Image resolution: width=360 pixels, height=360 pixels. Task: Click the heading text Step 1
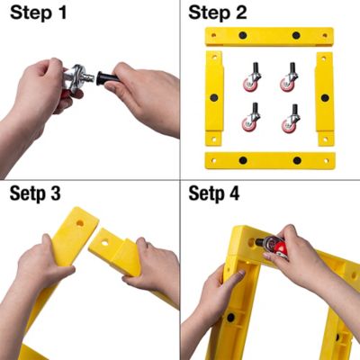(x=38, y=13)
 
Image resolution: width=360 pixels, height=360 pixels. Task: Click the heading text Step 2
(x=218, y=13)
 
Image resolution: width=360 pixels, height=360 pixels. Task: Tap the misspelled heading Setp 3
(x=35, y=193)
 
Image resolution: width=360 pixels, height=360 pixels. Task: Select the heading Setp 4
(x=214, y=193)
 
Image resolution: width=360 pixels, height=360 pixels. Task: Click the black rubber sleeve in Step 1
(x=106, y=78)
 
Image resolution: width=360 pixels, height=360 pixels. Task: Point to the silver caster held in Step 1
(x=76, y=76)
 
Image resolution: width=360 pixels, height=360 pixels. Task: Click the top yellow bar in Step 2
(x=269, y=37)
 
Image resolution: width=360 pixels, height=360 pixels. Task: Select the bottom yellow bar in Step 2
(x=270, y=160)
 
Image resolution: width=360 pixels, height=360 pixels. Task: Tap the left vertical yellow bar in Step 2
(x=214, y=98)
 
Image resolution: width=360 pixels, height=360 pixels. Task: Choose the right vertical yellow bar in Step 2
(x=325, y=99)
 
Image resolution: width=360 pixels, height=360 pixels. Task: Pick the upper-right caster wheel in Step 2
(x=289, y=77)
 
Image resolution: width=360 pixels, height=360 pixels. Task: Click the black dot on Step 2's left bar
(x=214, y=98)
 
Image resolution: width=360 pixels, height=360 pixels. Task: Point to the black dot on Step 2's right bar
(x=325, y=98)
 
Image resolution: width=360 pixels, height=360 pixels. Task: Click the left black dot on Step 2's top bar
(x=243, y=35)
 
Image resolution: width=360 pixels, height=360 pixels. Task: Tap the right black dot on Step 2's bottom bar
(x=297, y=160)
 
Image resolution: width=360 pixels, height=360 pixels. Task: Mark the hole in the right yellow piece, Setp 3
(x=104, y=243)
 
